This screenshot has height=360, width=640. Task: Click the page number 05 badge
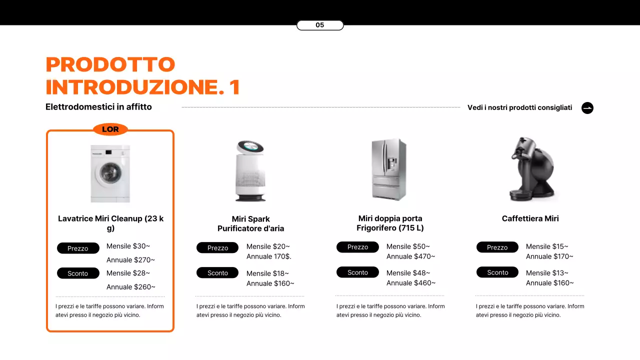click(x=320, y=25)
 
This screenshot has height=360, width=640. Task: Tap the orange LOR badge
click(x=110, y=129)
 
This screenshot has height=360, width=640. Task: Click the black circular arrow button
click(x=587, y=108)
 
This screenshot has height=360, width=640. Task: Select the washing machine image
click(x=110, y=173)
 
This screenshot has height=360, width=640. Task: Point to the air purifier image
click(x=250, y=171)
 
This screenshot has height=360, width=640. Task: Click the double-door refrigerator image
click(x=389, y=169)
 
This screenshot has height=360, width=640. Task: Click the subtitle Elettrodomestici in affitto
click(x=98, y=107)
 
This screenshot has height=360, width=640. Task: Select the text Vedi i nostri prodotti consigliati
click(x=519, y=107)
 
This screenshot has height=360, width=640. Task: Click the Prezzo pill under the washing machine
click(x=78, y=248)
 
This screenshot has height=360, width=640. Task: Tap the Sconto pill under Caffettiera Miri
click(x=497, y=272)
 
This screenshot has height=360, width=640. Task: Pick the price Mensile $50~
click(x=408, y=246)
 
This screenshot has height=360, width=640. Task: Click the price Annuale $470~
click(x=410, y=256)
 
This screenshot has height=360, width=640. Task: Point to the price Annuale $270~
click(x=130, y=260)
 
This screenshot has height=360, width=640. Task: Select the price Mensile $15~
click(x=547, y=246)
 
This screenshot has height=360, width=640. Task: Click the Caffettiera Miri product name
click(x=530, y=218)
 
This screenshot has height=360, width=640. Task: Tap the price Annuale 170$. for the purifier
click(x=268, y=256)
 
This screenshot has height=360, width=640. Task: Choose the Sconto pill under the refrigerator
click(x=357, y=272)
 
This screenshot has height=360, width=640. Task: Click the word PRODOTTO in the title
click(x=110, y=64)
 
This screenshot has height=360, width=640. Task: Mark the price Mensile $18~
click(x=267, y=273)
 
